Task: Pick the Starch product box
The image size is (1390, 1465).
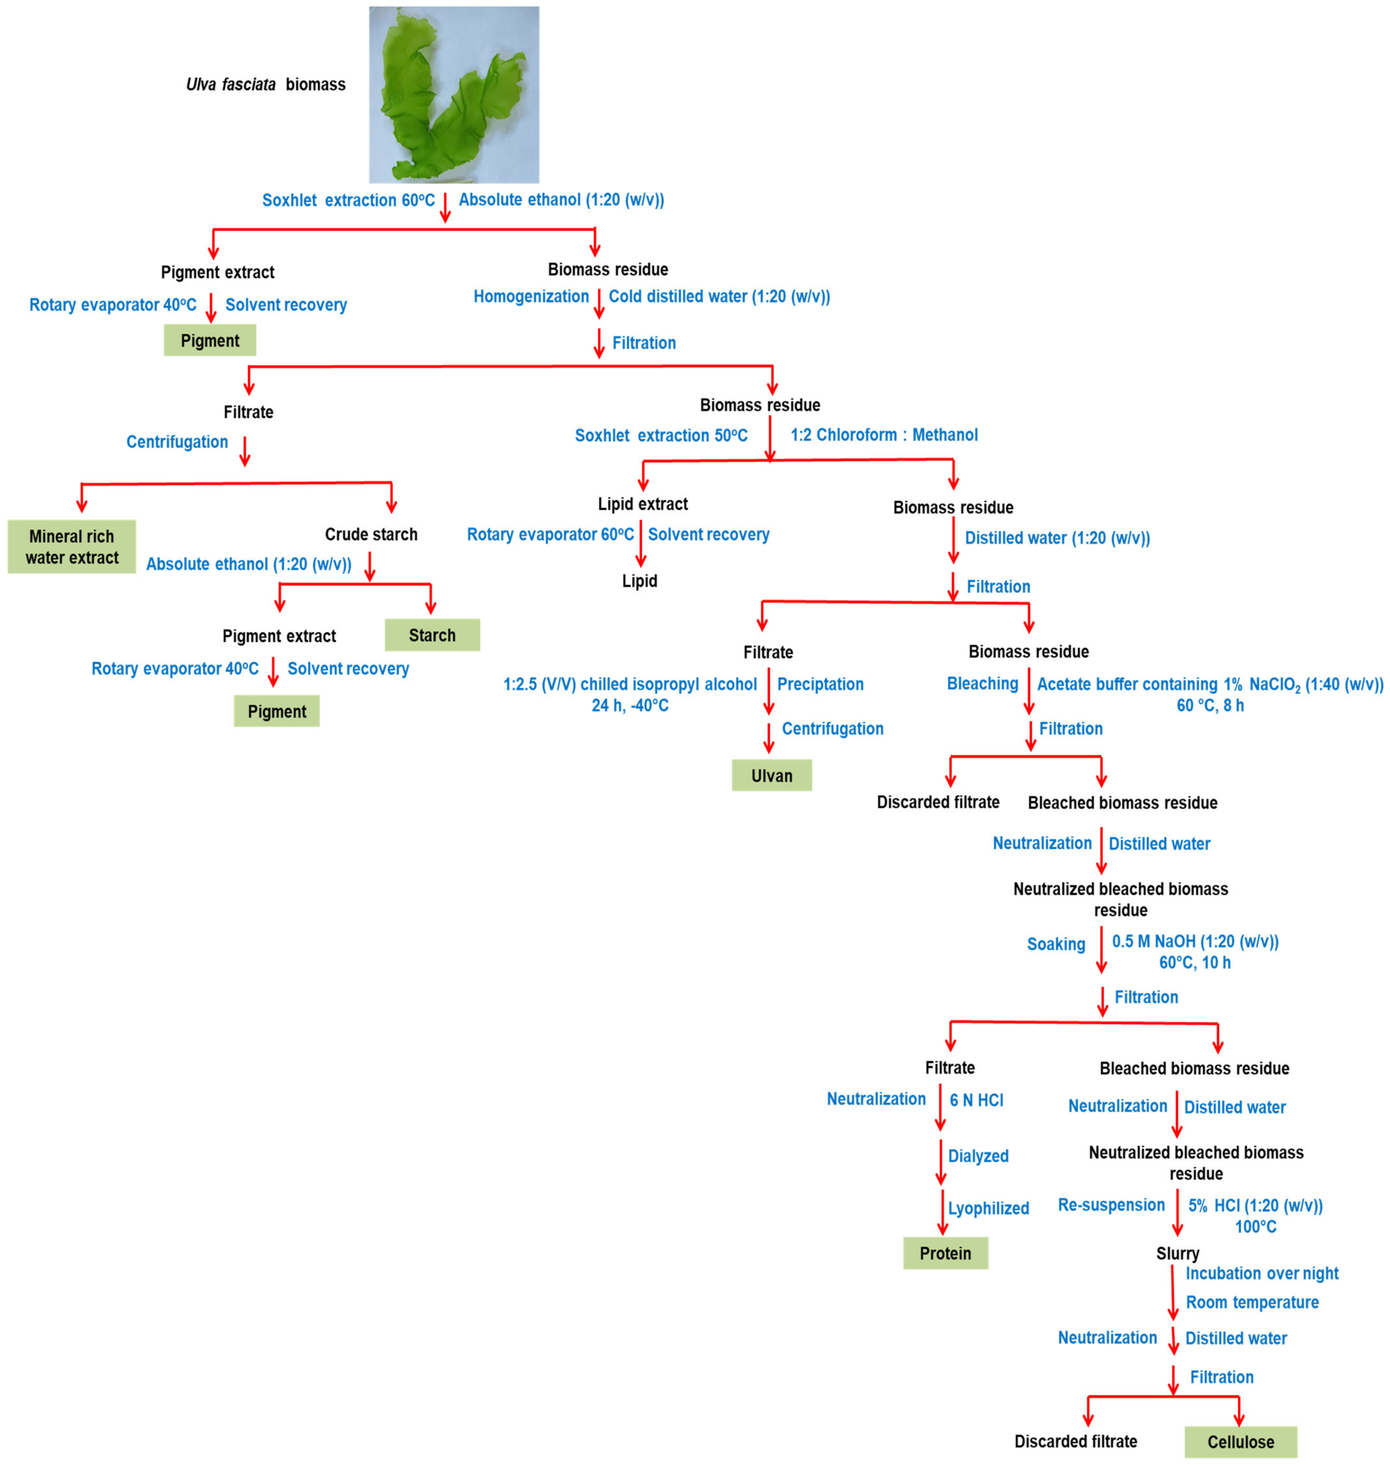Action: tap(432, 635)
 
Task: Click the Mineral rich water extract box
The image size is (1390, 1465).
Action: tap(72, 547)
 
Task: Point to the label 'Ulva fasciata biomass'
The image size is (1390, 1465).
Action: tap(265, 84)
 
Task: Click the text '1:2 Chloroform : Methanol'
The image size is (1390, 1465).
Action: tap(884, 435)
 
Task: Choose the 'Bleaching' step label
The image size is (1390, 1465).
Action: tap(983, 683)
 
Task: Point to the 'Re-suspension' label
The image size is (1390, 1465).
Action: tap(1111, 1205)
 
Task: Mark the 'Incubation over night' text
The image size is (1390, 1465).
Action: tap(1262, 1273)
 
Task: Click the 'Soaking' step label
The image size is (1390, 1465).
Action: tap(1056, 944)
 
